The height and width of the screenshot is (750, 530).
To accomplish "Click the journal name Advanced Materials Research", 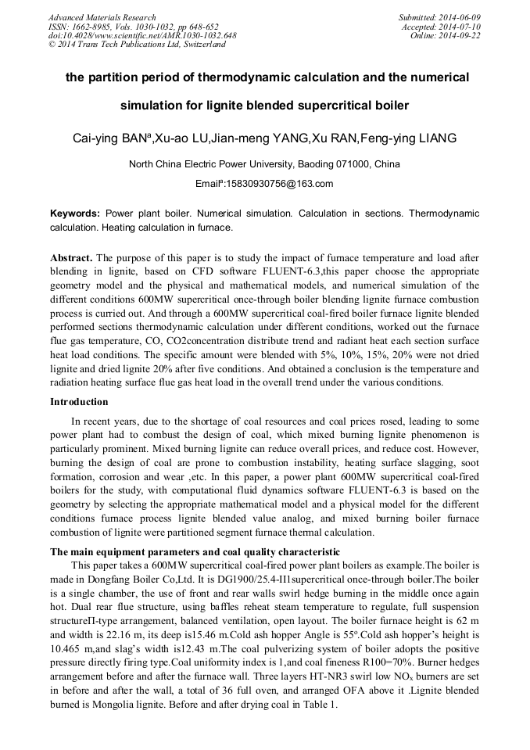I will pos(102,17).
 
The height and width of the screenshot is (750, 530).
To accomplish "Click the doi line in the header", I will pos(142,35).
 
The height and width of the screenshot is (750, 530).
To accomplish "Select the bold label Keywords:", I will pos(75,214).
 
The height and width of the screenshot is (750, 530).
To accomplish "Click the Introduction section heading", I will pos(79,402).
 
